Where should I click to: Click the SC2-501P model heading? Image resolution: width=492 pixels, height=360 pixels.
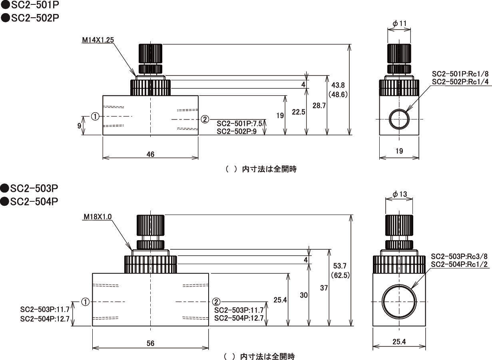[30, 6]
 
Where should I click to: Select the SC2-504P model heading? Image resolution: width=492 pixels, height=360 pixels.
[30, 202]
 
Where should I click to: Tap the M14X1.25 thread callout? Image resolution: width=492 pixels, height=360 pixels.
[98, 40]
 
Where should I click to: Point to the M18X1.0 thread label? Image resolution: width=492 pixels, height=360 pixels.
[98, 217]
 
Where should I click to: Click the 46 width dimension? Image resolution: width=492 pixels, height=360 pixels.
[150, 154]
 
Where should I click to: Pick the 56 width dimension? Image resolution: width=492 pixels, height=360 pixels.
[150, 343]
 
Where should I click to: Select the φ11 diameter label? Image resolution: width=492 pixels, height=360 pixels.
[399, 24]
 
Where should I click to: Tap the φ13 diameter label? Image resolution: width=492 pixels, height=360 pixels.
[399, 194]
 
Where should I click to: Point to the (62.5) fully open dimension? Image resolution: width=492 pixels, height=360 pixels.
[341, 275]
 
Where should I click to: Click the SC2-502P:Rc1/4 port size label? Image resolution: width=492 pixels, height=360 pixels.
[460, 82]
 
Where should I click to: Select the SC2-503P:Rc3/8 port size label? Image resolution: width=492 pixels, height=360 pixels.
[459, 256]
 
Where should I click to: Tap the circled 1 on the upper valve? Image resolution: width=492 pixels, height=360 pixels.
[95, 116]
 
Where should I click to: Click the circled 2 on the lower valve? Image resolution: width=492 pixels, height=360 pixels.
[216, 302]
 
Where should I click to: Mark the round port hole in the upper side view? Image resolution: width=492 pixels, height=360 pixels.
[399, 119]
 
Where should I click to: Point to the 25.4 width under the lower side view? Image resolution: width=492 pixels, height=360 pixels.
[399, 342]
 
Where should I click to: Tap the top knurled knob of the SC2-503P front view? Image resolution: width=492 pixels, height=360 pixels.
[151, 226]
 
